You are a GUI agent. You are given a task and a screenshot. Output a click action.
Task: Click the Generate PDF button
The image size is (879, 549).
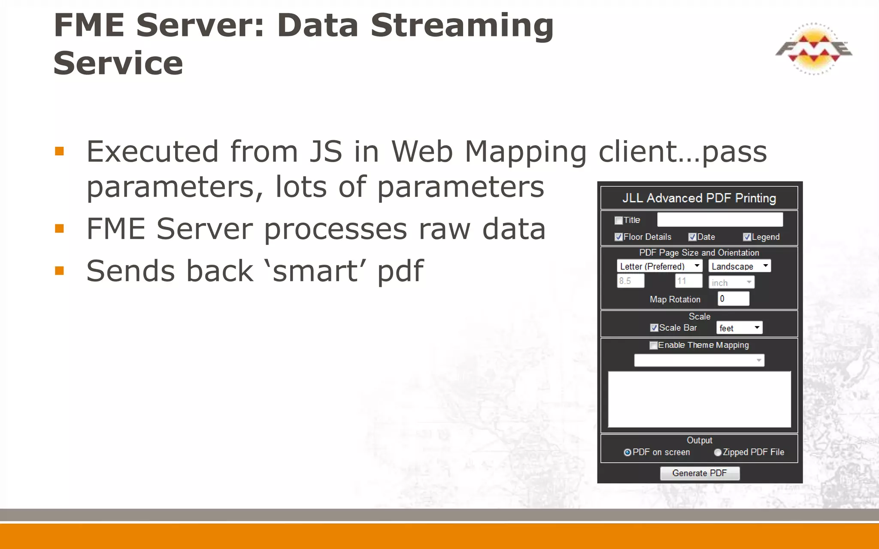(699, 473)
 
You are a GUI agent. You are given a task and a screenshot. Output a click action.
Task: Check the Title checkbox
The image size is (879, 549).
(618, 220)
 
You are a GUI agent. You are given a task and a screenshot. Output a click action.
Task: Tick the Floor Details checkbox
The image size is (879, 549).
(618, 237)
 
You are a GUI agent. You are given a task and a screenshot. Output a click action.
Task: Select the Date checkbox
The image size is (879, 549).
(692, 237)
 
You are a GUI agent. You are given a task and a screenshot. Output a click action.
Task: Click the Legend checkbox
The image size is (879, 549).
(747, 237)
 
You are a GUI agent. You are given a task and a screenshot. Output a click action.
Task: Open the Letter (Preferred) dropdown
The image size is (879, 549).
(659, 266)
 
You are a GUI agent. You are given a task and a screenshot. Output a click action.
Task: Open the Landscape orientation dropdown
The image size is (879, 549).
(740, 266)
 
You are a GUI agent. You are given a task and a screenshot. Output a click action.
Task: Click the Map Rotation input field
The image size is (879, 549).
(733, 299)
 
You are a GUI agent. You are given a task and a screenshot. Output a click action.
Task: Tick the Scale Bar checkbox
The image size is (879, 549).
(654, 328)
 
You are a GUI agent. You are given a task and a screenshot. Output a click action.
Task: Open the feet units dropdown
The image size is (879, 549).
(739, 328)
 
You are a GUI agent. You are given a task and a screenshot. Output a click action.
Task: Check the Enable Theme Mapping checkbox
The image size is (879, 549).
(653, 346)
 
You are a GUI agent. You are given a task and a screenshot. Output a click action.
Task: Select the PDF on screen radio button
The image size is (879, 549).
(627, 452)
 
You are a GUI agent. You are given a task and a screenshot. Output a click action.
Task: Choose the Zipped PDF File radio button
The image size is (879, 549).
(717, 452)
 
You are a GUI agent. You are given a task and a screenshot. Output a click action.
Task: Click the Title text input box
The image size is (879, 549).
(720, 220)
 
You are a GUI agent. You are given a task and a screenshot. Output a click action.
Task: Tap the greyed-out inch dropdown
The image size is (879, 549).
(731, 282)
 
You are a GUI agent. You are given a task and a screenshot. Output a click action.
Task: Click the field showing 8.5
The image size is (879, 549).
(630, 281)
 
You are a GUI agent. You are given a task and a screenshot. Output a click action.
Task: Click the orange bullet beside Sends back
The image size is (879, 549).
(60, 271)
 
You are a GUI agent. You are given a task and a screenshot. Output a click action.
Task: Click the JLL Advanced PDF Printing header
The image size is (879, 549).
(699, 198)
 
